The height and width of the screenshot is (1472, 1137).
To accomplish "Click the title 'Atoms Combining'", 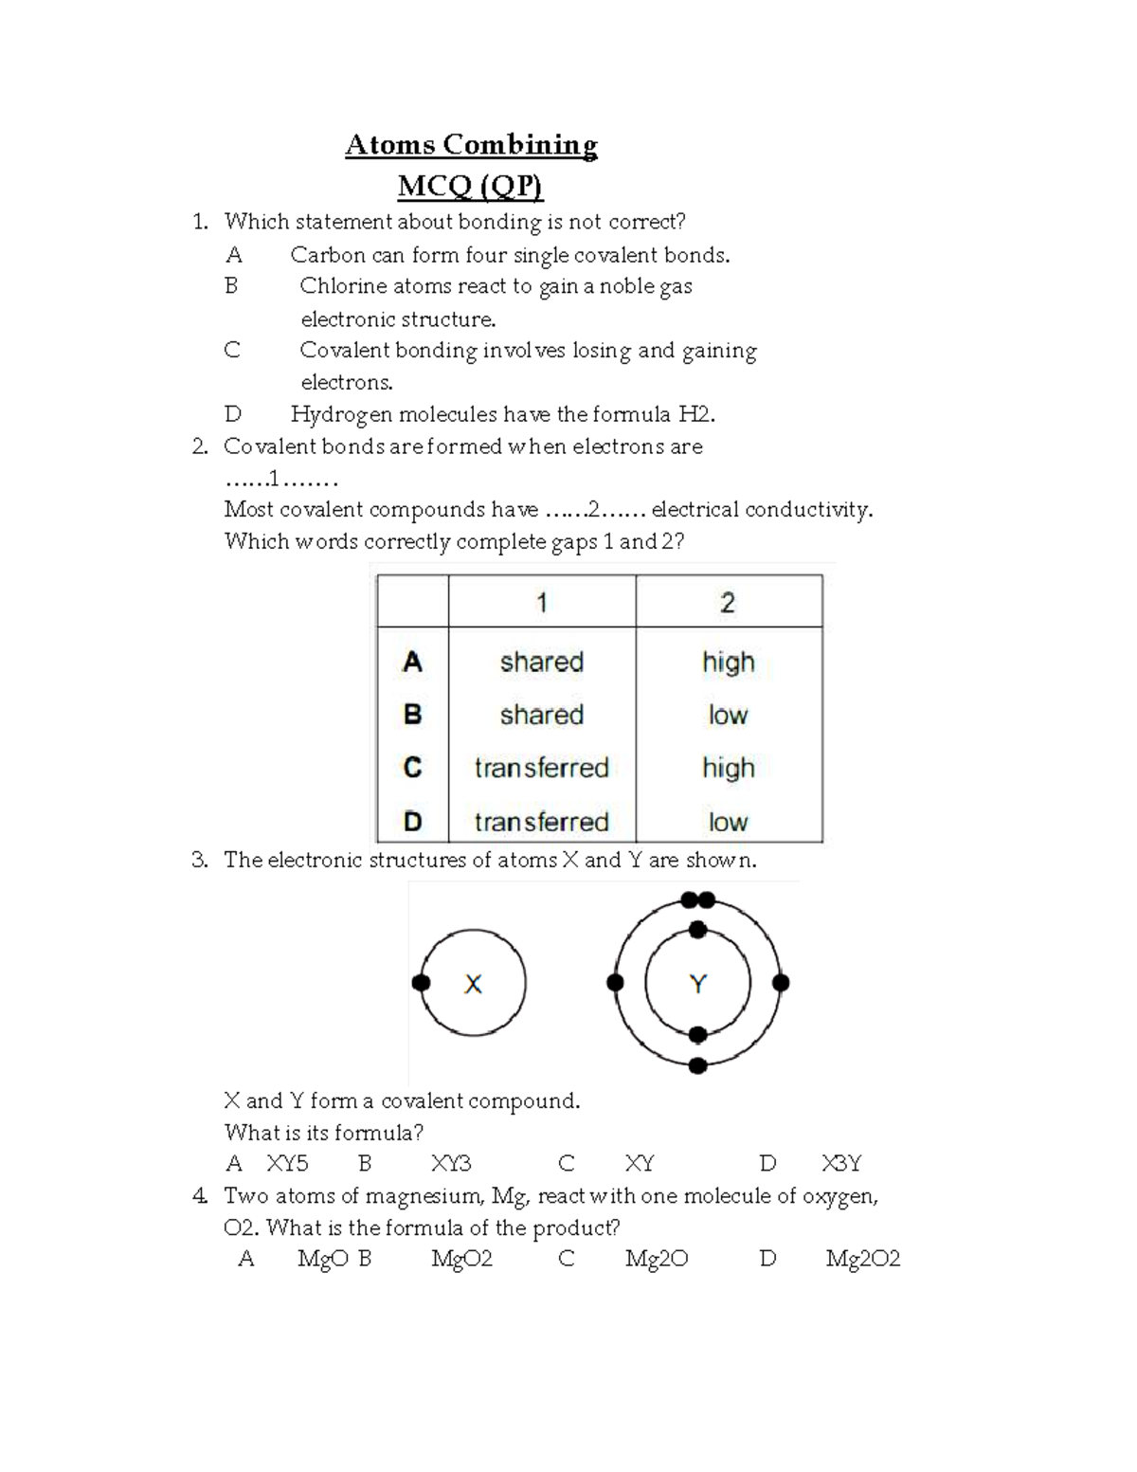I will pos(471,145).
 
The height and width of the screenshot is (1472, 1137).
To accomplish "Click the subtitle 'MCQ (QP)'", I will pos(470,187).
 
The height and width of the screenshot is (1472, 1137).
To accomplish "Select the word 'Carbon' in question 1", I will pos(328,255).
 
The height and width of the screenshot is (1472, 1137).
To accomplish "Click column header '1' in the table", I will pos(541,603).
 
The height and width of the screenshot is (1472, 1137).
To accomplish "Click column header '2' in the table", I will pos(728,603).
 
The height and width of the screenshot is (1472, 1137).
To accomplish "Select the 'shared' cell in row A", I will pos(541,662).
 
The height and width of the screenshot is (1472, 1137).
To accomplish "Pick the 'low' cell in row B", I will pos(728,715).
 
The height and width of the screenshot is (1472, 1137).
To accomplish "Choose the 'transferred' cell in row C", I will pos(541,768).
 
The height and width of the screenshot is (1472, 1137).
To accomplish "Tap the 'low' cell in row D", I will pos(728,822).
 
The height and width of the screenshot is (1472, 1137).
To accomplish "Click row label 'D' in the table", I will pos(412,822).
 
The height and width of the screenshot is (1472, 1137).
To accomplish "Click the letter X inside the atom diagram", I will pos(473,984).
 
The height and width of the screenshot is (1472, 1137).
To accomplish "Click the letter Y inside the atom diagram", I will pos(698,984).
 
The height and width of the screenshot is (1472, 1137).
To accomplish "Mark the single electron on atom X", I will pos(422,983).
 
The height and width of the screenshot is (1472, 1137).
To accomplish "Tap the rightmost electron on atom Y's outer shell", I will pos(781,983).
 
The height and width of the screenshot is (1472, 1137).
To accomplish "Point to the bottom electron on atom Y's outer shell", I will pos(698,1066).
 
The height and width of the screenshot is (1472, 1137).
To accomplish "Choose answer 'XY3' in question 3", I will pos(451,1164).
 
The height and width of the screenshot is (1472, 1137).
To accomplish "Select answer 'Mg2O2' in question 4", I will pos(862,1259).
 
